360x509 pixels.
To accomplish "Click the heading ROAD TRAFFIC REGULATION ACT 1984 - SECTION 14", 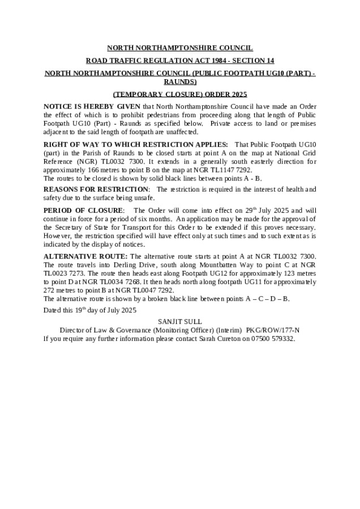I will coord(179,60).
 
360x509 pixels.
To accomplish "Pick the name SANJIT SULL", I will coord(179,321).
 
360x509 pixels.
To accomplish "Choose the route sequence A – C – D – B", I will coord(266,299).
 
